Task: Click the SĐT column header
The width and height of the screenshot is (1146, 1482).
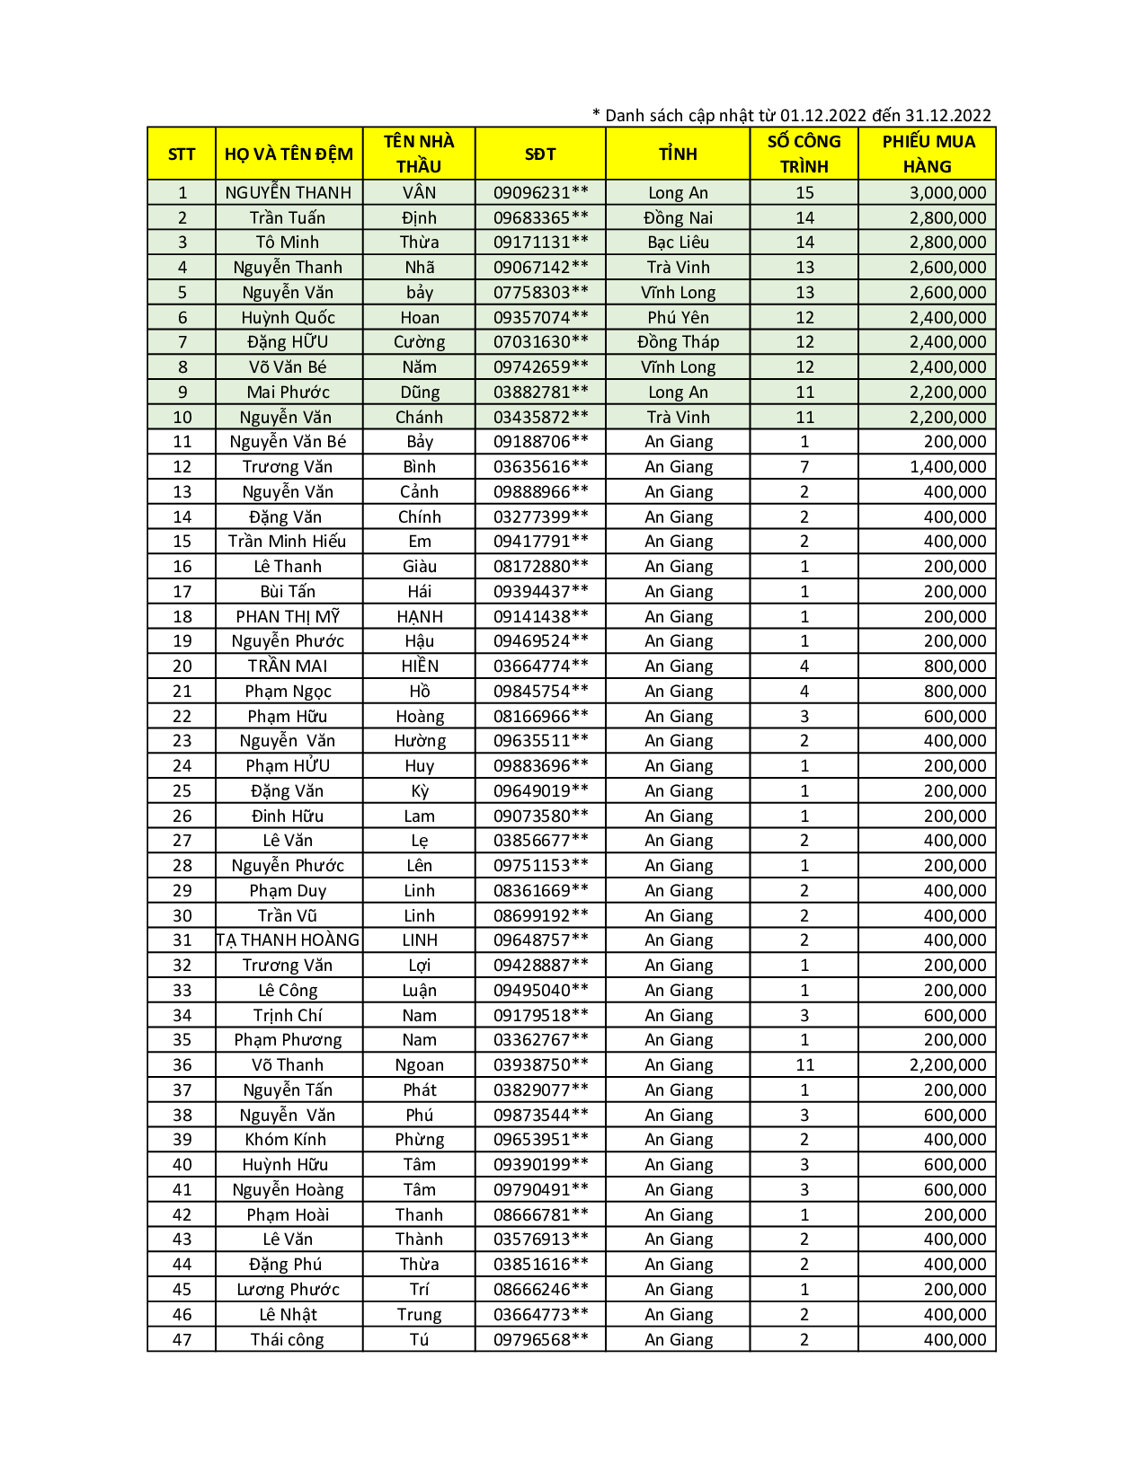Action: pyautogui.click(x=540, y=154)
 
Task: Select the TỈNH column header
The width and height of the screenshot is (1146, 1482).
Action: pyautogui.click(x=678, y=154)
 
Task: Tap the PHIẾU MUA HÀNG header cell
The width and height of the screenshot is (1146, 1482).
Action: pyautogui.click(x=928, y=154)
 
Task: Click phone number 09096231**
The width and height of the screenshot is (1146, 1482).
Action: pyautogui.click(x=541, y=192)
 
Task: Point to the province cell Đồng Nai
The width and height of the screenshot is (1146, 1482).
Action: pyautogui.click(x=678, y=217)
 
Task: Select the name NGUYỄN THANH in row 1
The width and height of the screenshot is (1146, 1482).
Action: pyautogui.click(x=289, y=192)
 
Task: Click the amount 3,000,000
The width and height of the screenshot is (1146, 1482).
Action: pyautogui.click(x=947, y=192)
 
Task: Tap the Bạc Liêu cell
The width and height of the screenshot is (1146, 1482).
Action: pyautogui.click(x=678, y=243)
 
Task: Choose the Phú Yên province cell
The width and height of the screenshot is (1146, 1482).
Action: pyautogui.click(x=678, y=317)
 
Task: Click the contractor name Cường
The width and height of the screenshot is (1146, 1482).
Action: pyautogui.click(x=419, y=342)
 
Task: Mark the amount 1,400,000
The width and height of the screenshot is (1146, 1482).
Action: pyautogui.click(x=947, y=467)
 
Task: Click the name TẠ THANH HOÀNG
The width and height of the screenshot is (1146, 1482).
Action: pyautogui.click(x=289, y=940)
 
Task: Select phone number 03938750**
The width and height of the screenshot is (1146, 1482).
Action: pyautogui.click(x=541, y=1065)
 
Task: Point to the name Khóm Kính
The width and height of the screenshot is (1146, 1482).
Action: pyautogui.click(x=286, y=1140)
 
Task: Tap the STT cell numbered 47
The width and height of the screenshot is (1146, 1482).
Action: pyautogui.click(x=182, y=1339)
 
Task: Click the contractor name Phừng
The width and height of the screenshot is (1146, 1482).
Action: pyautogui.click(x=419, y=1140)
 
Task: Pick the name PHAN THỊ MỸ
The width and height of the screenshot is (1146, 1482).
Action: pyautogui.click(x=288, y=616)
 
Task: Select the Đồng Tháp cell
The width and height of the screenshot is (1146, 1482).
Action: pyautogui.click(x=678, y=342)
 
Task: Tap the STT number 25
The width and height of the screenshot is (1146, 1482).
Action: pyautogui.click(x=182, y=791)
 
